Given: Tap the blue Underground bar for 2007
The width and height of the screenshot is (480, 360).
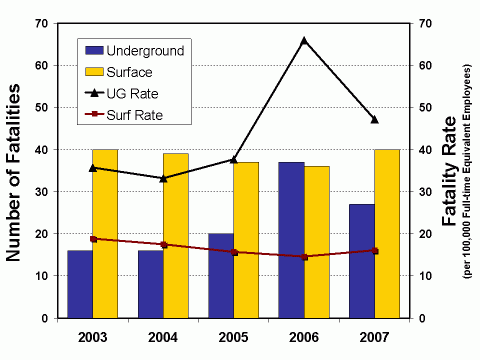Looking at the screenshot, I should click(361, 260).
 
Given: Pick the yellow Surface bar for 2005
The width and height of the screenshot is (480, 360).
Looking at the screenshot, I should click(246, 240).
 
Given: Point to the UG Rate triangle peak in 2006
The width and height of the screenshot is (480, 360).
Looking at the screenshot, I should click(304, 40).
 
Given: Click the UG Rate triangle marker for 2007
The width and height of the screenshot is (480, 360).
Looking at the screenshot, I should click(374, 119).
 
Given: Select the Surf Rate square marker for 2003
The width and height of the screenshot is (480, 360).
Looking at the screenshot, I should click(93, 239).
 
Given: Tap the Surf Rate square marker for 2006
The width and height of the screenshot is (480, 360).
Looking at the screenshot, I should click(304, 257).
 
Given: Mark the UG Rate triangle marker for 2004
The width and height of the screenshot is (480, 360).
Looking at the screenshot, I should click(163, 178).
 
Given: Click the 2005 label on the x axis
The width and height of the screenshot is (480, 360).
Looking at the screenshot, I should click(234, 337).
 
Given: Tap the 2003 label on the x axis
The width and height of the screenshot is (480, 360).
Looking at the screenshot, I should click(93, 337).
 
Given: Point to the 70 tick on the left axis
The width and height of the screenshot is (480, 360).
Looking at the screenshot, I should click(41, 23).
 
